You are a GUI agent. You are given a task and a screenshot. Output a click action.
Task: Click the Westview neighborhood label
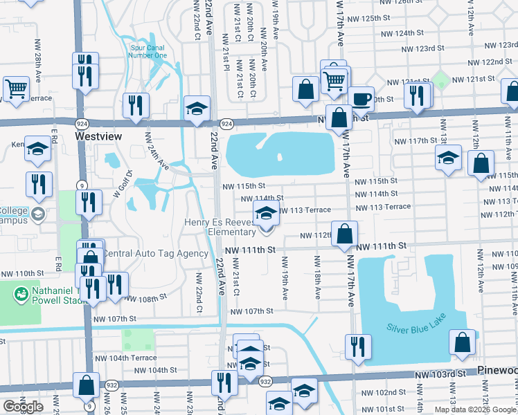[x=98, y=136]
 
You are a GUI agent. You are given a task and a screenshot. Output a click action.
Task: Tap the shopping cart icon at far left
[x=15, y=88]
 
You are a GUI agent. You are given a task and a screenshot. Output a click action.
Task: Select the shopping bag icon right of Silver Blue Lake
[x=462, y=342]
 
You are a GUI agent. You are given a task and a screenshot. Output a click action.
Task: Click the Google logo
[x=23, y=407]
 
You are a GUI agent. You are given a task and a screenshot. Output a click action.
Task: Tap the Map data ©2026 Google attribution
[x=475, y=409]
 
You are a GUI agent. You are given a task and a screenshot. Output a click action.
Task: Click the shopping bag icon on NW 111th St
[x=343, y=233]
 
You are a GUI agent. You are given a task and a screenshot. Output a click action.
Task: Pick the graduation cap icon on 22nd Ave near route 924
[x=197, y=108]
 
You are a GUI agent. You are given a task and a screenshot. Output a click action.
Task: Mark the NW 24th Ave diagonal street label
[x=157, y=152]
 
